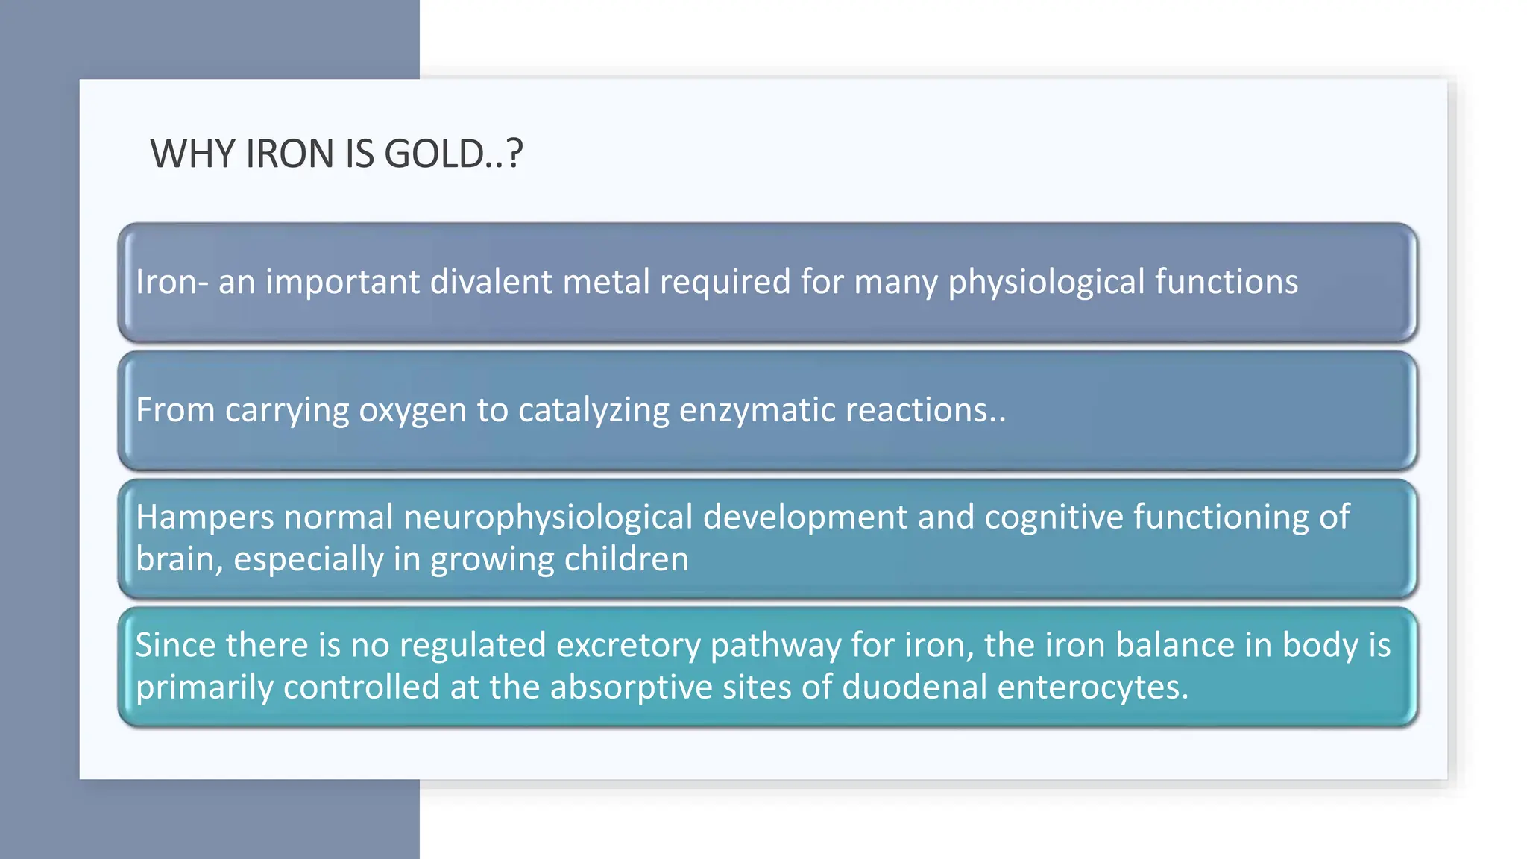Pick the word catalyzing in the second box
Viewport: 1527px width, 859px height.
594,411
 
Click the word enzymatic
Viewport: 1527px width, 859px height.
753,411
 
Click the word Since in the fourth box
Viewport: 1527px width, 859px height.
175,645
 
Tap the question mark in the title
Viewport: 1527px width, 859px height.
514,154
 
